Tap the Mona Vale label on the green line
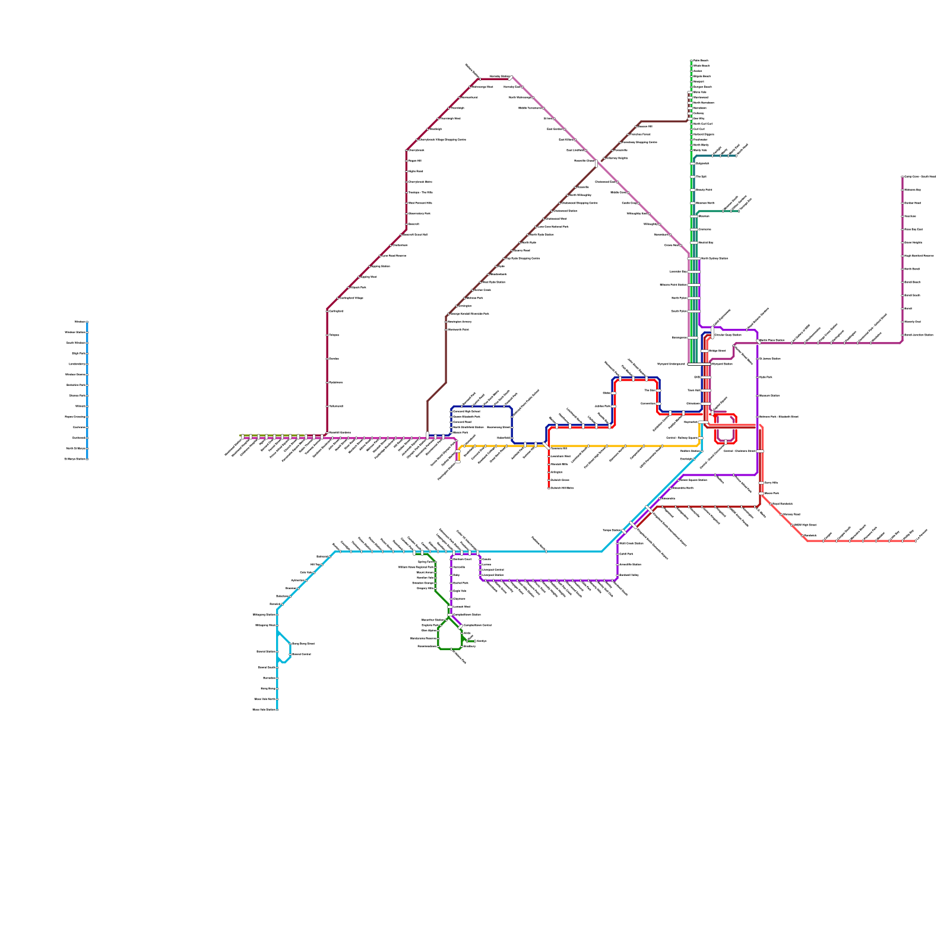[x=701, y=92]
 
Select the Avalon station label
[x=698, y=71]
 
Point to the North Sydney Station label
[x=715, y=258]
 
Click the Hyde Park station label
[x=766, y=377]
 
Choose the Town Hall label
[x=694, y=390]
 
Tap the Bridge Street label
[x=717, y=351]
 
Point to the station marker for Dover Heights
[x=902, y=242]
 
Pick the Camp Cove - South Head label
[x=920, y=176]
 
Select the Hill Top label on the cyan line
[x=315, y=565]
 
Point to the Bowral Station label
[x=267, y=651]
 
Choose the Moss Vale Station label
[x=265, y=710]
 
